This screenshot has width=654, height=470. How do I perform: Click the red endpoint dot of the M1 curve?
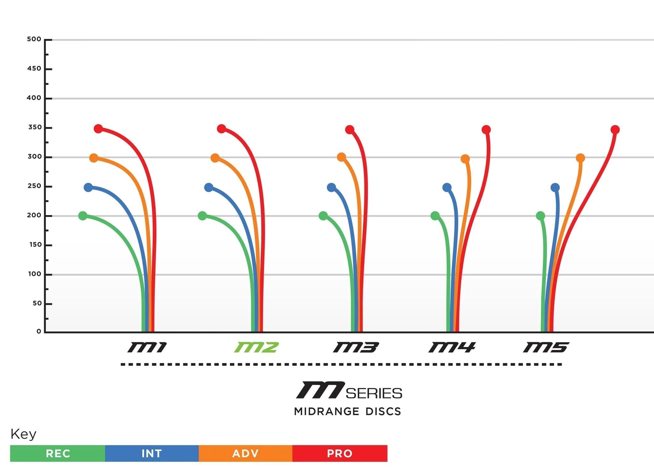coord(98,129)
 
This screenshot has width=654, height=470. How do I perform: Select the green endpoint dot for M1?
coord(83,216)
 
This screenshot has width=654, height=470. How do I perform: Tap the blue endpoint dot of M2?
coord(209,188)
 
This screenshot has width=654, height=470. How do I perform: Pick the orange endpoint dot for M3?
coord(341,157)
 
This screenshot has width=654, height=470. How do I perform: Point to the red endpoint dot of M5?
coord(615,130)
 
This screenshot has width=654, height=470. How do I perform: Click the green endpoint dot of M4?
coord(435,216)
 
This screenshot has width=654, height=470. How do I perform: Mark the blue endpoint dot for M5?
coord(555,188)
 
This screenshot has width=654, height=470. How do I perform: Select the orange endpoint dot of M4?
coord(465,159)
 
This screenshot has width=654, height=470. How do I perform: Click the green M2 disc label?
coord(256,347)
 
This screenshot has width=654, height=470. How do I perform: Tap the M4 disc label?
coord(452,347)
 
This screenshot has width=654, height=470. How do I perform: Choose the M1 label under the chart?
coord(147,347)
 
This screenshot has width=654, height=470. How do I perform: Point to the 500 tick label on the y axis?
coord(34,39)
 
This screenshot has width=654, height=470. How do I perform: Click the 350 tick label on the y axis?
coord(35,127)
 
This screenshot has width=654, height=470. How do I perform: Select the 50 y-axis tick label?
coord(37,303)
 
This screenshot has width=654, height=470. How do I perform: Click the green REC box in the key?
coord(58,453)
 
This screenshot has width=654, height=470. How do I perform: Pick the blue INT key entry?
coord(152,453)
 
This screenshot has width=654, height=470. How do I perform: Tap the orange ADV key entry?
coord(245,453)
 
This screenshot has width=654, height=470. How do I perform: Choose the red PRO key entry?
coord(339,453)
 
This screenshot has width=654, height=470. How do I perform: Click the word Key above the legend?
coord(23,434)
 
